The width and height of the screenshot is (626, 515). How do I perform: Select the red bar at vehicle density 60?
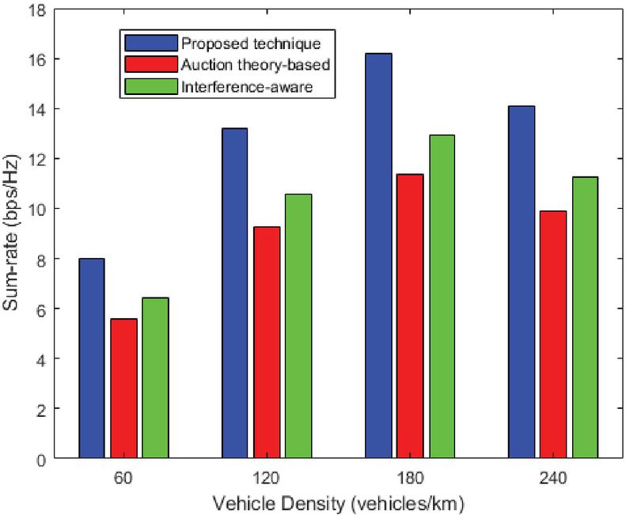123,388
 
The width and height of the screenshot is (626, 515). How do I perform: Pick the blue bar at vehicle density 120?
234,293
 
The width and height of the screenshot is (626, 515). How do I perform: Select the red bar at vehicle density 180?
410,316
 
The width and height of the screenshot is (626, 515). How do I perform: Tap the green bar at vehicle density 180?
442,297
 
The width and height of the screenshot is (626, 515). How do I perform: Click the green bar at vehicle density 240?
586,317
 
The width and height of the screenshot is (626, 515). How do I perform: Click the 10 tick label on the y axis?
36,209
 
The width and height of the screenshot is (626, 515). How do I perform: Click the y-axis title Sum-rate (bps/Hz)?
13,234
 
